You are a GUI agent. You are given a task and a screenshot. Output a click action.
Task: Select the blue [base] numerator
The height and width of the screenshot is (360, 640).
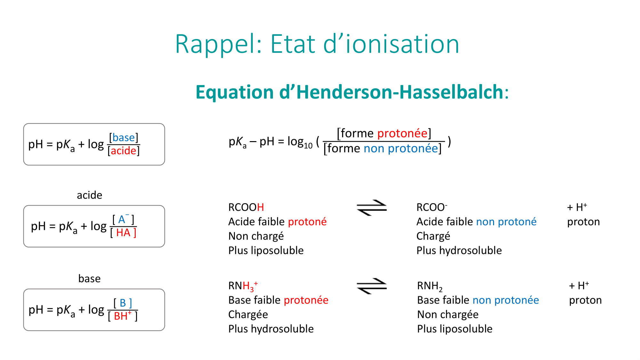pyautogui.click(x=124, y=137)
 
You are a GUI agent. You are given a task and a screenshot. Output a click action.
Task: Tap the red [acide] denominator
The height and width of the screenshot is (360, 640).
pyautogui.click(x=124, y=150)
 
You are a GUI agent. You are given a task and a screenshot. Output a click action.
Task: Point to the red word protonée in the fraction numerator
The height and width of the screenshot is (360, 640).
pyautogui.click(x=402, y=133)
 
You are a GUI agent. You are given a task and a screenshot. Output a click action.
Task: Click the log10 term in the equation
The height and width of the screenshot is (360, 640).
pyautogui.click(x=300, y=142)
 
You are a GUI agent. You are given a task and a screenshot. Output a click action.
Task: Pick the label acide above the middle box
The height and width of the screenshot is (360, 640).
pyautogui.click(x=90, y=195)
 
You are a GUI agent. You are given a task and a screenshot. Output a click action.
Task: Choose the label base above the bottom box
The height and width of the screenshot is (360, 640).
pyautogui.click(x=90, y=278)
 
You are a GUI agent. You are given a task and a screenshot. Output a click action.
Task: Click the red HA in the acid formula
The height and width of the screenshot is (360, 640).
pyautogui.click(x=123, y=233)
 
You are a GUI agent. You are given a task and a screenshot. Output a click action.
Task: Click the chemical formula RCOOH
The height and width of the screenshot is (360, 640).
pyautogui.click(x=246, y=207)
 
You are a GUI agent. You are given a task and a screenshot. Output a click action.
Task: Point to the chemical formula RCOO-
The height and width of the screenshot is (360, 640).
pyautogui.click(x=432, y=207)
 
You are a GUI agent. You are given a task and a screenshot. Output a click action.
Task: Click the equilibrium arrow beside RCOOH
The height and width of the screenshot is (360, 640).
pyautogui.click(x=372, y=208)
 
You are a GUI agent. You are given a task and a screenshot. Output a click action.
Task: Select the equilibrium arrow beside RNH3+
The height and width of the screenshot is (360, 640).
pyautogui.click(x=372, y=286)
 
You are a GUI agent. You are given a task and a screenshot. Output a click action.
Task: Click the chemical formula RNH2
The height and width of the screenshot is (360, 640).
pyautogui.click(x=430, y=286)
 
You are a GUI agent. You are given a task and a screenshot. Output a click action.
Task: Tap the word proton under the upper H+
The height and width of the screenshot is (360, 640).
pyautogui.click(x=583, y=222)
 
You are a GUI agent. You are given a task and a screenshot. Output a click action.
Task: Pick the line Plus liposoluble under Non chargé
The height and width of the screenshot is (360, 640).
pyautogui.click(x=266, y=251)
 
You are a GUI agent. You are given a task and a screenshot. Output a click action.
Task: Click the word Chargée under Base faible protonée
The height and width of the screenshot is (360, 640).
pyautogui.click(x=248, y=315)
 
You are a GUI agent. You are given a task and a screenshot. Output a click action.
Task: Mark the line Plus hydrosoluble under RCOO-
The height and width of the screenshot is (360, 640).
pyautogui.click(x=459, y=251)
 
